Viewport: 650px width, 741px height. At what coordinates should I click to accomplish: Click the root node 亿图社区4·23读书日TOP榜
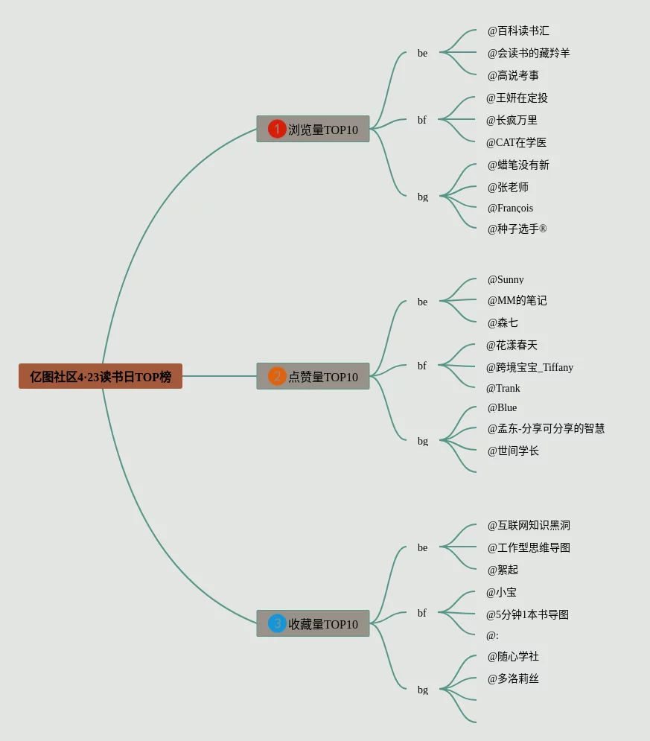[x=101, y=377]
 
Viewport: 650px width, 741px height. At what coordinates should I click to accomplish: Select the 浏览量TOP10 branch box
[x=313, y=130]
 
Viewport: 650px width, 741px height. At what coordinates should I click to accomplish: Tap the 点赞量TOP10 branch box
[x=313, y=377]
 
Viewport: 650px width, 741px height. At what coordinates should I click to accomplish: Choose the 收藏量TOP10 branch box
[x=313, y=624]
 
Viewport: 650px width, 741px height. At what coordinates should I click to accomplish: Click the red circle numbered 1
[x=277, y=129]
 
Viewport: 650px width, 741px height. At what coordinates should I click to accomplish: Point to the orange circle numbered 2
[x=277, y=376]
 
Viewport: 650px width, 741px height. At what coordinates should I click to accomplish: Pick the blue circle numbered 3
[x=277, y=623]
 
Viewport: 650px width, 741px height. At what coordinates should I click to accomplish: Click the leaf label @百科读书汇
[x=518, y=31]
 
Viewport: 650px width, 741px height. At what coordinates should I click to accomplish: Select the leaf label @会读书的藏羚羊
[x=529, y=53]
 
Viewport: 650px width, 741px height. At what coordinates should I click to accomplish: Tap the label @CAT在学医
[x=516, y=142]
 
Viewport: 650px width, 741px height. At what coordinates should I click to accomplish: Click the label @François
[x=510, y=208]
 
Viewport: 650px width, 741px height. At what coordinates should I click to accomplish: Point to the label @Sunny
[x=506, y=279]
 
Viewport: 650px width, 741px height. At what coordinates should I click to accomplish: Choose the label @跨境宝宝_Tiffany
[x=529, y=367]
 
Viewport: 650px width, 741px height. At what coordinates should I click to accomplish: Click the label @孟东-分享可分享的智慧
[x=546, y=428]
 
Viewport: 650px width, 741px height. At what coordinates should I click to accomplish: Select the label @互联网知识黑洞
[x=529, y=525]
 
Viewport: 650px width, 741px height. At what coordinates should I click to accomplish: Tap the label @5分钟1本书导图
[x=527, y=614]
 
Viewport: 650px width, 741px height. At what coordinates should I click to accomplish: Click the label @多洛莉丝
[x=513, y=678]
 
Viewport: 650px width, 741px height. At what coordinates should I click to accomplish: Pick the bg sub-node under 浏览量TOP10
[x=423, y=197]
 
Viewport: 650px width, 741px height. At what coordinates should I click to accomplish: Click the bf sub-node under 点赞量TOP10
[x=422, y=366]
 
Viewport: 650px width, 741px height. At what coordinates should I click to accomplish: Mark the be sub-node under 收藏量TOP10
[x=423, y=547]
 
